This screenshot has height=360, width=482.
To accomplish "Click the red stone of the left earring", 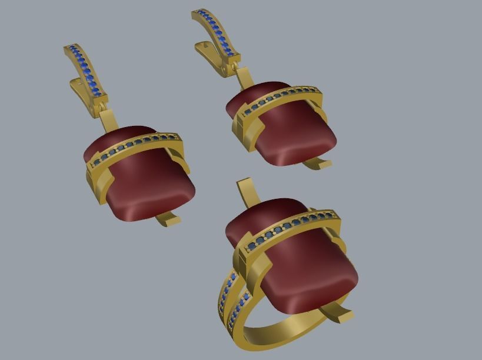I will click(x=147, y=188).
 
